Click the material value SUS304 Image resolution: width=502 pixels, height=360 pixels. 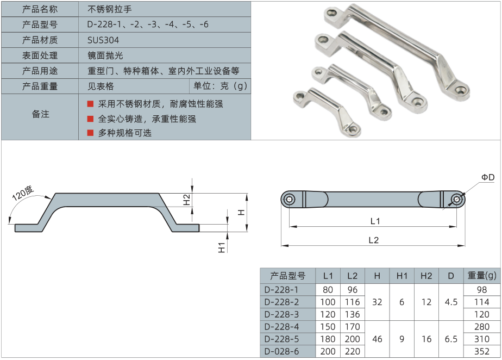pyautogui.click(x=103, y=40)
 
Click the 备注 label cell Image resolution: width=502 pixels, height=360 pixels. pyautogui.click(x=40, y=115)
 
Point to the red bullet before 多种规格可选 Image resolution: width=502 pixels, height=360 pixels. pyautogui.click(x=90, y=132)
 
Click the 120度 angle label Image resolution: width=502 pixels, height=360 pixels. pyautogui.click(x=23, y=194)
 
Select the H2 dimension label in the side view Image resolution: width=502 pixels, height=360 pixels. pyautogui.click(x=186, y=200)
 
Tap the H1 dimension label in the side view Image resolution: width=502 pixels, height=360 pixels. pyautogui.click(x=222, y=247)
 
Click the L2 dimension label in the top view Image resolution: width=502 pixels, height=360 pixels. pyautogui.click(x=373, y=240)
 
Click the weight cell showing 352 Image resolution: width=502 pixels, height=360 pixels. pyautogui.click(x=482, y=351)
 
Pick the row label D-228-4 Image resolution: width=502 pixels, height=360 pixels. pyautogui.click(x=281, y=327)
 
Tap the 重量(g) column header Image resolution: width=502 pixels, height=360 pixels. pyautogui.click(x=482, y=276)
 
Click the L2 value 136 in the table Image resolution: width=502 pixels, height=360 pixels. pyautogui.click(x=352, y=314)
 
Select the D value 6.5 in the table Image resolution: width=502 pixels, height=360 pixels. pyautogui.click(x=451, y=339)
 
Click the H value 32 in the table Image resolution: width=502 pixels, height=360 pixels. pyautogui.click(x=377, y=302)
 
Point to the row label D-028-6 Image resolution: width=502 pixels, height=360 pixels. pyautogui.click(x=281, y=351)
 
